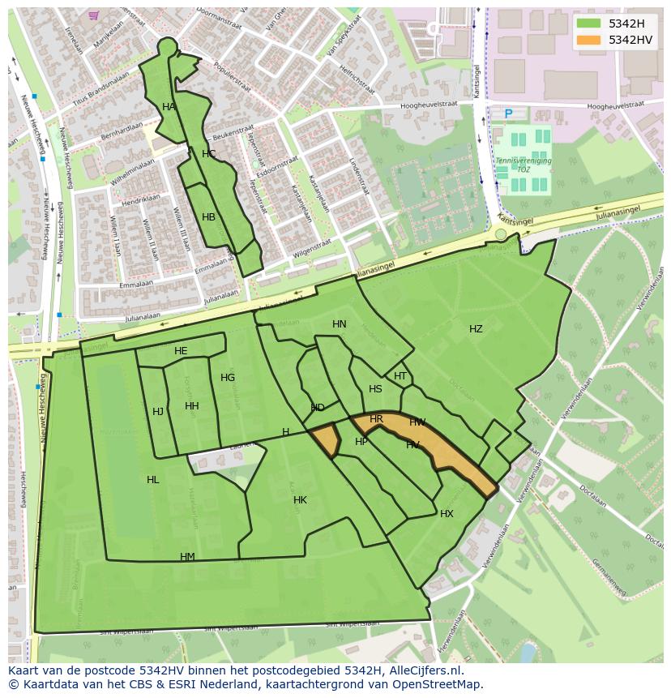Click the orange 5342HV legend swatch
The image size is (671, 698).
pyautogui.click(x=589, y=40)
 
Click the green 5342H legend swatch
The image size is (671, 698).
pyautogui.click(x=589, y=24)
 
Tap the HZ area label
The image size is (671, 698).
pyautogui.click(x=476, y=329)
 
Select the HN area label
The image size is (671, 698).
pyautogui.click(x=339, y=324)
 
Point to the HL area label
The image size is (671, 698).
pyautogui.click(x=153, y=480)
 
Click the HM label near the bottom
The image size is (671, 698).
pyautogui.click(x=187, y=557)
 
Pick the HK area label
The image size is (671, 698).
pyautogui.click(x=300, y=500)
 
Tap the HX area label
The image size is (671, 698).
pyautogui.click(x=447, y=514)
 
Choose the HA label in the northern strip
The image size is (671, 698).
pyautogui.click(x=169, y=107)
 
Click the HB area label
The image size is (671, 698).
pyautogui.click(x=208, y=217)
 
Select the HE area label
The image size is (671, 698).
pyautogui.click(x=181, y=351)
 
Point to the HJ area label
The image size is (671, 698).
pyautogui.click(x=158, y=412)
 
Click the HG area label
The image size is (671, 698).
pyautogui.click(x=228, y=378)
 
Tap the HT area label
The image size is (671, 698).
pyautogui.click(x=400, y=376)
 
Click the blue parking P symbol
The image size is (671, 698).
pyautogui.click(x=509, y=114)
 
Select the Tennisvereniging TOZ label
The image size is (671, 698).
pyautogui.click(x=524, y=165)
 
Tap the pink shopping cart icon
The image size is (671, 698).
pyautogui.click(x=94, y=15)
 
